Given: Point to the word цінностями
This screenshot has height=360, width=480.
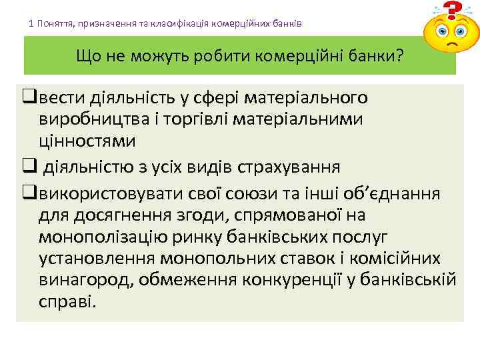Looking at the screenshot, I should tap(87, 141).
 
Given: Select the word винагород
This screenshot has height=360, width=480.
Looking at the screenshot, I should tap(86, 279).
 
